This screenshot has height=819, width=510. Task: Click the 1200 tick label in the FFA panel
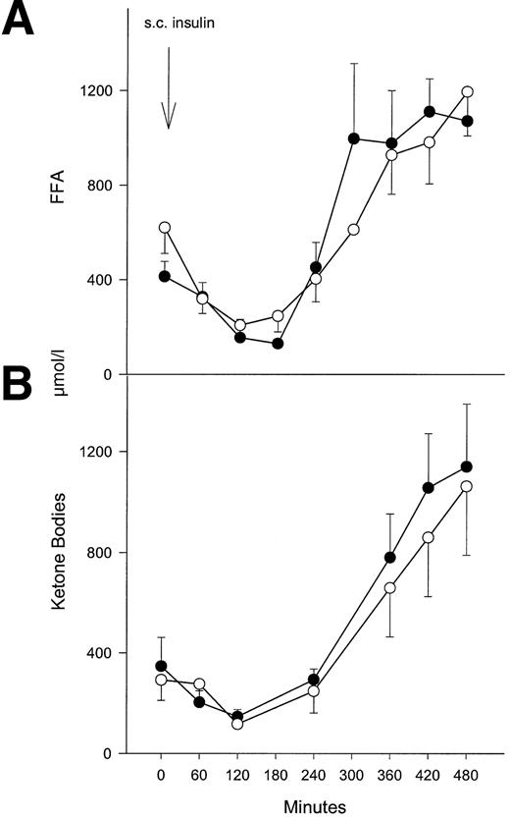point(102,91)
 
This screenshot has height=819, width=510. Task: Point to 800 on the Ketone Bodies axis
point(105,553)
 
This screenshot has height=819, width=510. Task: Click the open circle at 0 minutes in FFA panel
point(164,227)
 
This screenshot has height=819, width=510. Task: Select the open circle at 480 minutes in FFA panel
point(468,92)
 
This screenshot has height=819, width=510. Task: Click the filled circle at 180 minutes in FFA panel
point(278,344)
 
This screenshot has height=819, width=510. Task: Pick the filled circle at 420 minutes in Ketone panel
point(428,487)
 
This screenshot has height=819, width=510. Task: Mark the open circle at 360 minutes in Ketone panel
point(390,587)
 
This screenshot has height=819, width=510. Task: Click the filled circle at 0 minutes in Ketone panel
point(162,666)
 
